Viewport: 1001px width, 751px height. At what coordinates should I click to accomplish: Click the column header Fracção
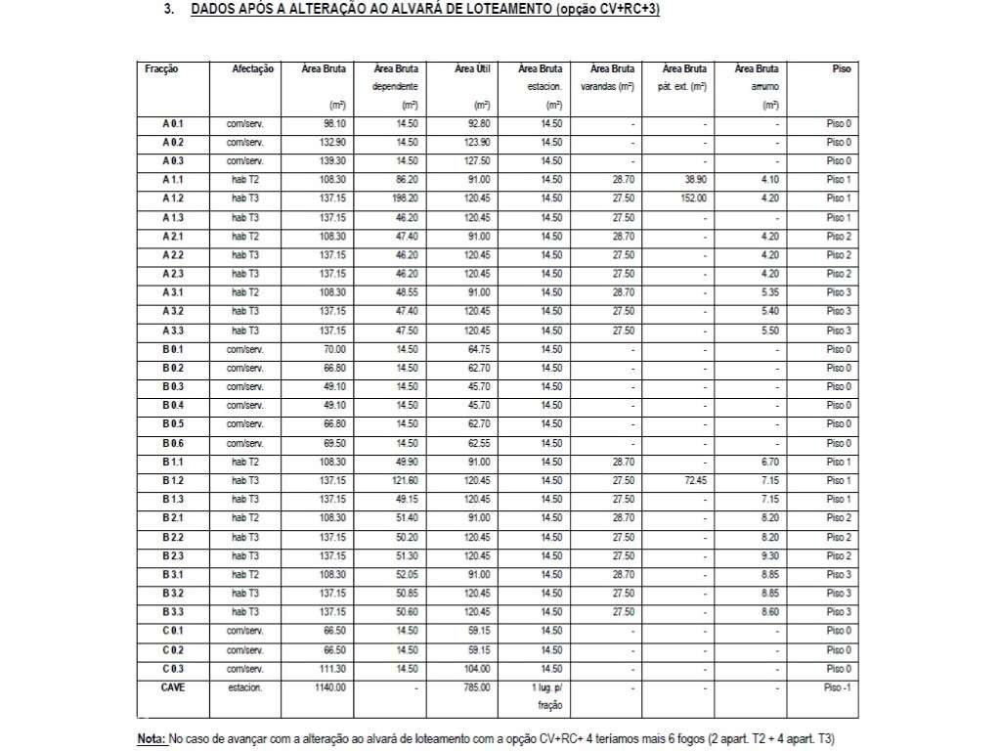pyautogui.click(x=161, y=69)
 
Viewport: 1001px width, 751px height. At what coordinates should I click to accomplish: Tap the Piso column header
pyautogui.click(x=841, y=69)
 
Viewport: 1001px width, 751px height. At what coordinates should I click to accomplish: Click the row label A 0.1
pyautogui.click(x=173, y=124)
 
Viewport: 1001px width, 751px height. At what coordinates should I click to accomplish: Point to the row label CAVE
pyautogui.click(x=173, y=687)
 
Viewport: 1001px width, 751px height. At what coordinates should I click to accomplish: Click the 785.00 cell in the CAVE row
pyautogui.click(x=476, y=687)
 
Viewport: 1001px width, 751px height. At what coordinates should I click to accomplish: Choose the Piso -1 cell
pyautogui.click(x=838, y=687)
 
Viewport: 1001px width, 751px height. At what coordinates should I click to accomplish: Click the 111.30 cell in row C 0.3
pyautogui.click(x=333, y=669)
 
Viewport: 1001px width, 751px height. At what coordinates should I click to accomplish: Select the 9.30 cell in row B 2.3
pyautogui.click(x=769, y=555)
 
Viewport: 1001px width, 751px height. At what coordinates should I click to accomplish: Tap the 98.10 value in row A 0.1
pyautogui.click(x=335, y=124)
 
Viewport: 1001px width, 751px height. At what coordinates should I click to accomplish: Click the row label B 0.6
pyautogui.click(x=173, y=443)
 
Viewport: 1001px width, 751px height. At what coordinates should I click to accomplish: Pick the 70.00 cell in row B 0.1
pyautogui.click(x=335, y=349)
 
